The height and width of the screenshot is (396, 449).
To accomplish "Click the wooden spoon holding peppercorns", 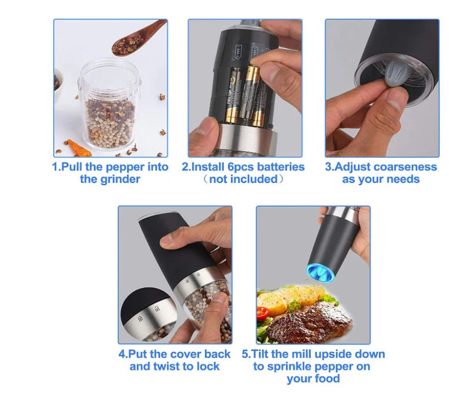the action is click(x=135, y=40).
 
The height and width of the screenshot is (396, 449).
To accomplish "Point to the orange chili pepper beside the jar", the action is click(x=78, y=148).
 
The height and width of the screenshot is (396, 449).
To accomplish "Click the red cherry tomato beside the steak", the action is click(x=262, y=313).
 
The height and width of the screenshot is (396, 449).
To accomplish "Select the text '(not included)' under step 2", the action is click(x=243, y=180).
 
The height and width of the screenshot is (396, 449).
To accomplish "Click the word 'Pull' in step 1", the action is click(x=72, y=167).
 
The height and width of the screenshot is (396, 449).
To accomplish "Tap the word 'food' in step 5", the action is click(x=327, y=378).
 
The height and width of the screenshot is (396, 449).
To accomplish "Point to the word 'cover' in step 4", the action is click(x=187, y=354).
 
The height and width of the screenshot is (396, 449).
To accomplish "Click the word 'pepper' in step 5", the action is click(x=335, y=367).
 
